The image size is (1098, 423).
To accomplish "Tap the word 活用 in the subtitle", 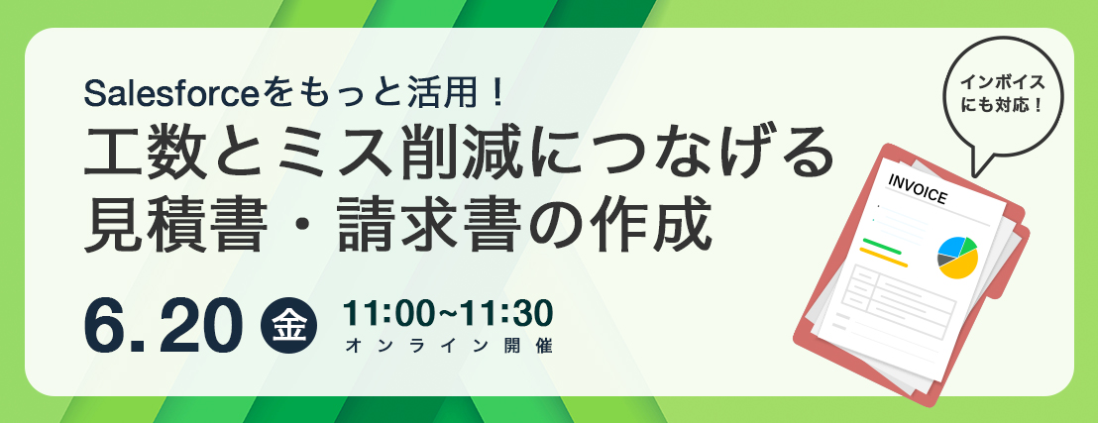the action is click(x=439, y=94).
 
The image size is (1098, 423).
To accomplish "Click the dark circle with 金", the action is click(x=288, y=326).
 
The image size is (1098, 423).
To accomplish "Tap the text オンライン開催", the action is click(x=448, y=345).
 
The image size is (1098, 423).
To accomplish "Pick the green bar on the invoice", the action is click(x=882, y=247).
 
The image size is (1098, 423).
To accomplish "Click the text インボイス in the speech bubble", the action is click(x=1002, y=81).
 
